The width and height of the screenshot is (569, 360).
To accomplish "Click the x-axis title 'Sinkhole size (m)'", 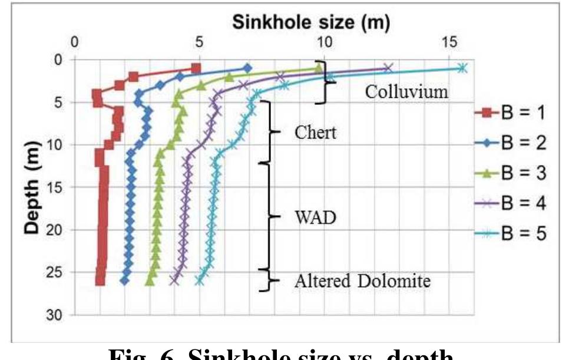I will pyautogui.click(x=312, y=23).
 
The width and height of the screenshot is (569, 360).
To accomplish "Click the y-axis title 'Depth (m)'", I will pyautogui.click(x=34, y=186).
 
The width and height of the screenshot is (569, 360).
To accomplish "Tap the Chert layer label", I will pyautogui.click(x=315, y=133).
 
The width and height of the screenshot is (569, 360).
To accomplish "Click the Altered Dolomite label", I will pyautogui.click(x=362, y=282).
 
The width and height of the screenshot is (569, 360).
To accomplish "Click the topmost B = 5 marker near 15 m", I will pyautogui.click(x=462, y=68).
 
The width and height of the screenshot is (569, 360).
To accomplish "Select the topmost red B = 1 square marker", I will pyautogui.click(x=196, y=68).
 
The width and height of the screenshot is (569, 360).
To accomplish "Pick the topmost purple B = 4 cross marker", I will pyautogui.click(x=387, y=68).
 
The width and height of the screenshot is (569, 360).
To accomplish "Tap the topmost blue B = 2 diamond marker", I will pyautogui.click(x=247, y=68).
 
